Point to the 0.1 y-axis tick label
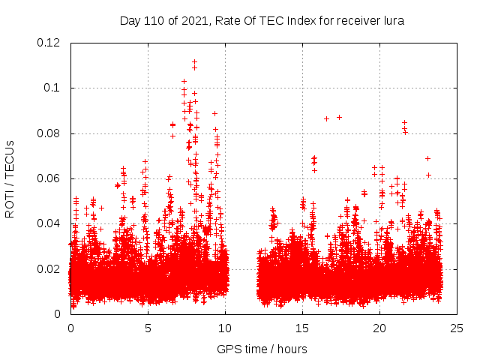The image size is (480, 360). (54, 88)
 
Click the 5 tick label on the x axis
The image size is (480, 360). (148, 328)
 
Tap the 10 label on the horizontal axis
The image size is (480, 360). (225, 328)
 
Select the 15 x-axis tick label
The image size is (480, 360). (302, 328)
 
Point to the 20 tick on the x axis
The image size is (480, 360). (379, 328)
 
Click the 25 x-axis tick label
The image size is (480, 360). (457, 328)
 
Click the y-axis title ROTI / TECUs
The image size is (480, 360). (10, 178)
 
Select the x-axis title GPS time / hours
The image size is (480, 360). (262, 349)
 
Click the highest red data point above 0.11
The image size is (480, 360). (194, 62)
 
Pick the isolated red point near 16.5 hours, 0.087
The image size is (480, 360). (326, 118)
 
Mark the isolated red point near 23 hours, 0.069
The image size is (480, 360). (427, 158)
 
